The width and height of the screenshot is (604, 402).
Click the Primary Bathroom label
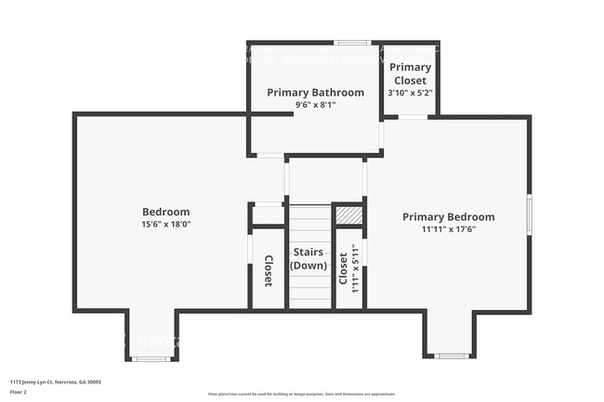315,93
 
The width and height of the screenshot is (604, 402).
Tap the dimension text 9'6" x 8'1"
314,105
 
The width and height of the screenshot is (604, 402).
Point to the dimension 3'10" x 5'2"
410,93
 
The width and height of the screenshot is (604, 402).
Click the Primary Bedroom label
448,217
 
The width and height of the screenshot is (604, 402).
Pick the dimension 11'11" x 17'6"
448,229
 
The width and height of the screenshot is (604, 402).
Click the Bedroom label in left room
165,212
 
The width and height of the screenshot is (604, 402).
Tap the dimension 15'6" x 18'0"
165,224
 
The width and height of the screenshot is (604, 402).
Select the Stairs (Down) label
309,258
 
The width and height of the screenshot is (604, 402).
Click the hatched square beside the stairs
348,215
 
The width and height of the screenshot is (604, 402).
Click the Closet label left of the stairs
268,270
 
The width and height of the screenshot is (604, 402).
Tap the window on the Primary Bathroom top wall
352,43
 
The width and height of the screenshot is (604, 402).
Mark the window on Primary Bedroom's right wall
529,214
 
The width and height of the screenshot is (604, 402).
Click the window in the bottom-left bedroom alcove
150,358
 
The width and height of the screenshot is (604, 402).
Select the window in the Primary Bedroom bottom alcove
452,356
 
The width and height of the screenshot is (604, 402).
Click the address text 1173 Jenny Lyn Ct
55,382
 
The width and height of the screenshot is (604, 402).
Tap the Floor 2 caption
20,392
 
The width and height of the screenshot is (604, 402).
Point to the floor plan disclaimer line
302,393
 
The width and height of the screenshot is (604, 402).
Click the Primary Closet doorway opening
413,117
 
